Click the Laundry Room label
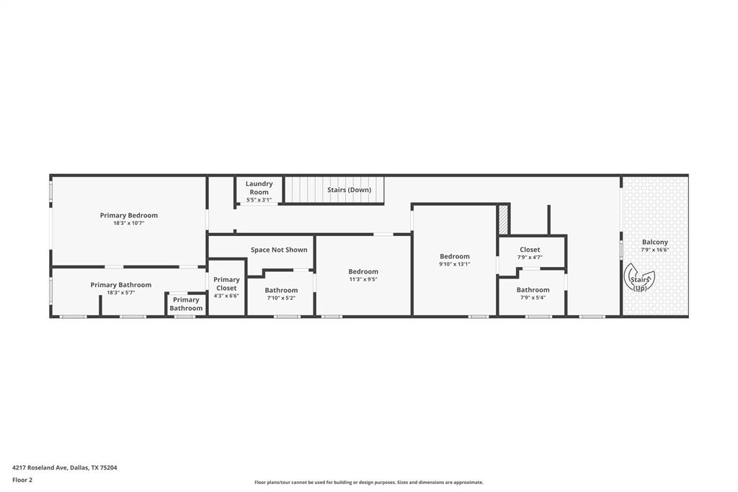coord(259,188)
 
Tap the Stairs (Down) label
coord(350,190)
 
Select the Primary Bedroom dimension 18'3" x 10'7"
coord(129,224)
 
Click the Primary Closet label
coord(226,284)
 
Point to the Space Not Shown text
coord(279,250)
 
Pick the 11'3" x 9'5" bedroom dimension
coord(363,279)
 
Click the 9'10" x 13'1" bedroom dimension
coord(455,264)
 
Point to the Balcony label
coord(655,242)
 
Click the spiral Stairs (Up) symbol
coord(639,280)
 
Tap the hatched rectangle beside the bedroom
coord(503,220)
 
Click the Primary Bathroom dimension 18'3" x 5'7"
coord(121,293)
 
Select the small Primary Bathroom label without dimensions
coord(186,304)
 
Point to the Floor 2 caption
coord(22,480)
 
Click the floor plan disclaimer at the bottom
coord(368,483)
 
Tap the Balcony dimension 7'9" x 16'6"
coord(655,250)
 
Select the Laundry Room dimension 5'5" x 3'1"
coord(259,200)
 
